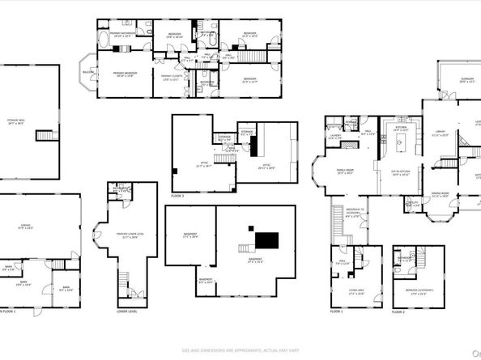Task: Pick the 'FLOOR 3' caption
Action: pos(177,196)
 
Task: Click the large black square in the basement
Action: pos(266,240)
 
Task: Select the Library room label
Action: pos(441,134)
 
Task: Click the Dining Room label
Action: pos(440,196)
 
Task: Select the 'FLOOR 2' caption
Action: pos(398,311)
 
